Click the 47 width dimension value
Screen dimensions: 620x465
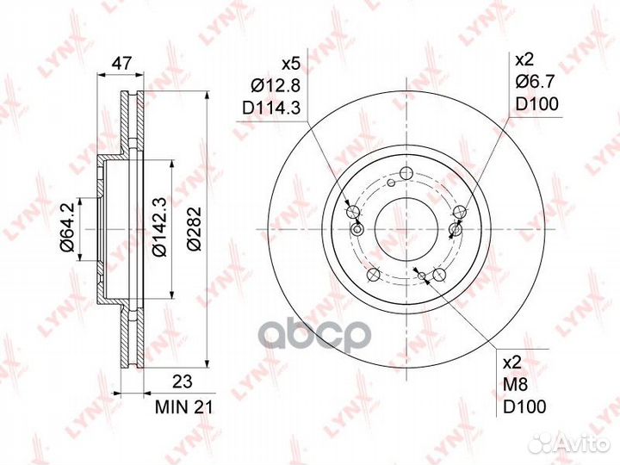[121, 64]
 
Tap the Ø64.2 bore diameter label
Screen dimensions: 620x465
[67, 227]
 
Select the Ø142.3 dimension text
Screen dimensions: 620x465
[158, 226]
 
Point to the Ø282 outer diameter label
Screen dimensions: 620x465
[194, 228]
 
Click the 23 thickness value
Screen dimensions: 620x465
[183, 382]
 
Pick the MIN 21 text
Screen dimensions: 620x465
[184, 407]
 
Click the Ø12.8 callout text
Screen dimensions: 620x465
[276, 85]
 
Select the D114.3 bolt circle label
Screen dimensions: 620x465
[271, 107]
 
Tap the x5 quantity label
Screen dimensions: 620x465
[291, 64]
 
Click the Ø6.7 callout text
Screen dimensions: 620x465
[536, 82]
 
